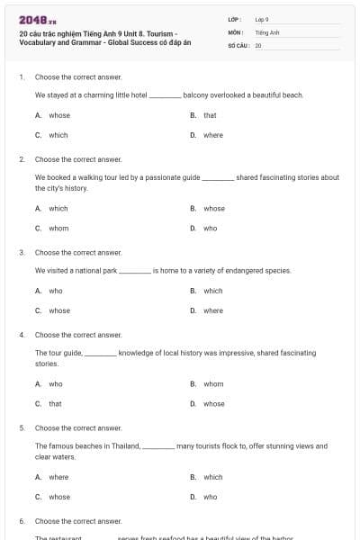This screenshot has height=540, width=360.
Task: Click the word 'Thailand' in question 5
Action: click(126, 445)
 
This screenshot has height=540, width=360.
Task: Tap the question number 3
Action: click(22, 253)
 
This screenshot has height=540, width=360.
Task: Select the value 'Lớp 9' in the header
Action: click(262, 19)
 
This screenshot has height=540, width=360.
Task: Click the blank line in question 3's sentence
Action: click(136, 271)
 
